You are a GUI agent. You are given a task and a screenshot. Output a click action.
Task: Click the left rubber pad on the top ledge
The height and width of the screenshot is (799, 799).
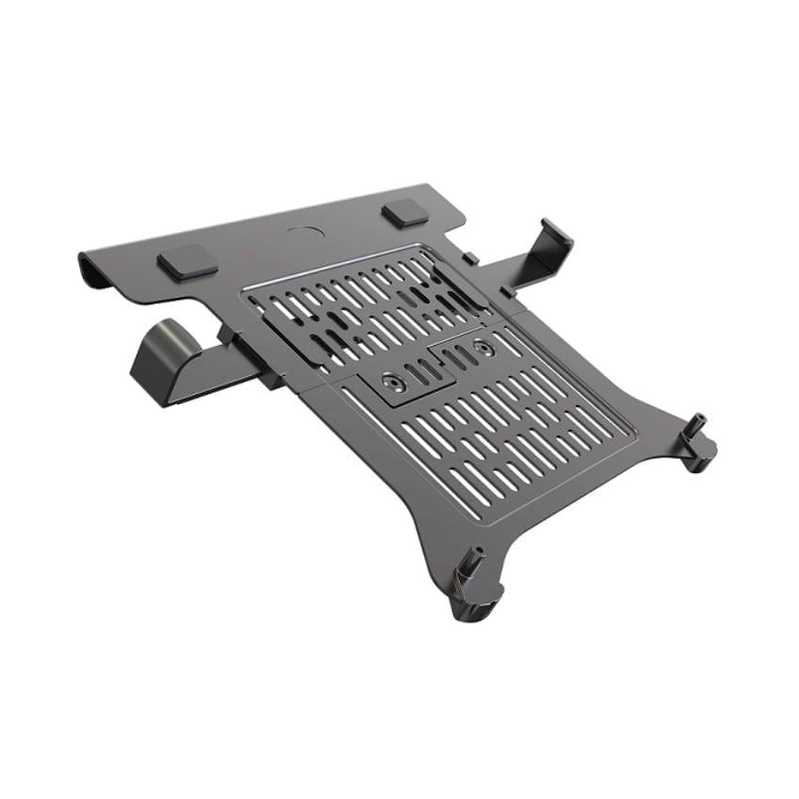188,262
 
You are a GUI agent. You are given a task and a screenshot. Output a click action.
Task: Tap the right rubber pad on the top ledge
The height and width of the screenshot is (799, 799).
406,212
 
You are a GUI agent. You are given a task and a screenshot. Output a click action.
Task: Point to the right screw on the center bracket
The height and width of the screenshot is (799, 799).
483,348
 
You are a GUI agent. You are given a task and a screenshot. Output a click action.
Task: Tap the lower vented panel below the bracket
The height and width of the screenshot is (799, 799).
508,423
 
